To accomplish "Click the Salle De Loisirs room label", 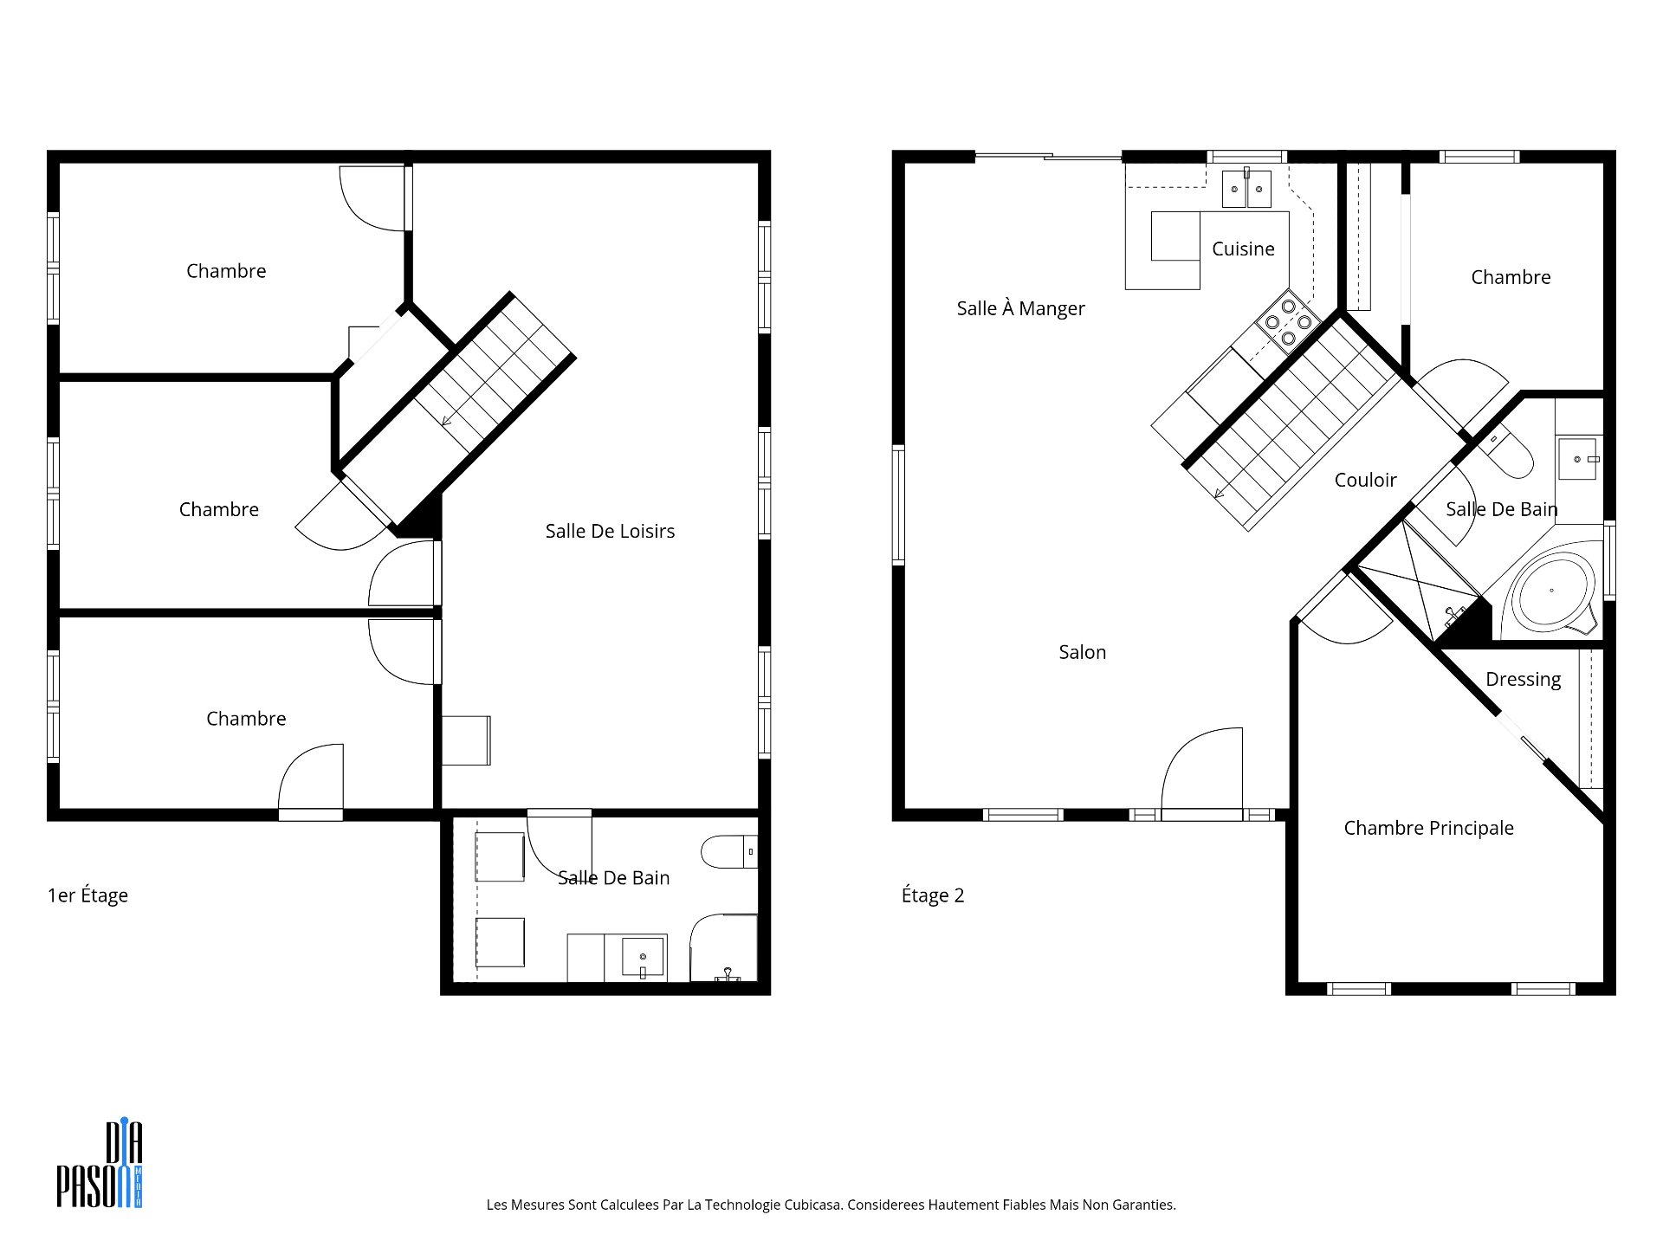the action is (610, 531).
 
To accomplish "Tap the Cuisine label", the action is (1243, 249).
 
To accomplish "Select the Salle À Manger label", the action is (1020, 307).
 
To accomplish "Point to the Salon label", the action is (1082, 652).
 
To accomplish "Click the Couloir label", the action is (1365, 480).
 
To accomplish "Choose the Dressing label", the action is (1523, 680).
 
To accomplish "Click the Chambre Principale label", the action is (1428, 828).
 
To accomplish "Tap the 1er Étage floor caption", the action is (87, 895).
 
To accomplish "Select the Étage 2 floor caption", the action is (933, 895).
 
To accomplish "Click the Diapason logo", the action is (100, 1163).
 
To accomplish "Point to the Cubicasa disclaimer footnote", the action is (831, 1205).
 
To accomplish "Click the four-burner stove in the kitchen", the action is (1288, 321).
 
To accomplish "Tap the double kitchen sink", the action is (1246, 189).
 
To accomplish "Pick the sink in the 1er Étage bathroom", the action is (643, 957).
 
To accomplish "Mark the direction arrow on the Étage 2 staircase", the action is (1220, 494).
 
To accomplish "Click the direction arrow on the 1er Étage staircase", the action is (447, 421).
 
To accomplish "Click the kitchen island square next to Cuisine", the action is (1175, 236).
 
